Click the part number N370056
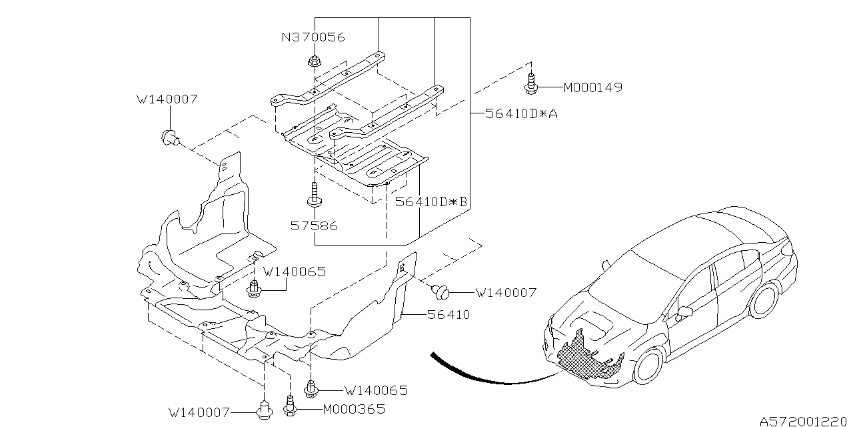click(314, 37)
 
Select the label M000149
click(592, 87)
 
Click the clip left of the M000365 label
click(290, 406)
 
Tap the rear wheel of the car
click(764, 300)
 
